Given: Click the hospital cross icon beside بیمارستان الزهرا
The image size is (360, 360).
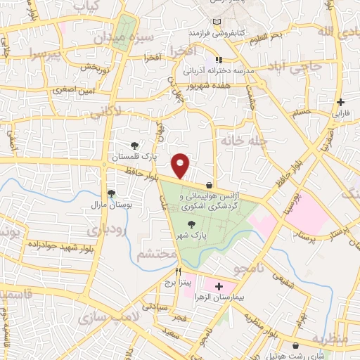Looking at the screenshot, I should [219, 287].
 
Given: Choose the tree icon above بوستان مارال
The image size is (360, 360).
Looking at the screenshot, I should [110, 193].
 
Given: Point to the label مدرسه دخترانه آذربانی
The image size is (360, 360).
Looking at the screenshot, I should [218, 72].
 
